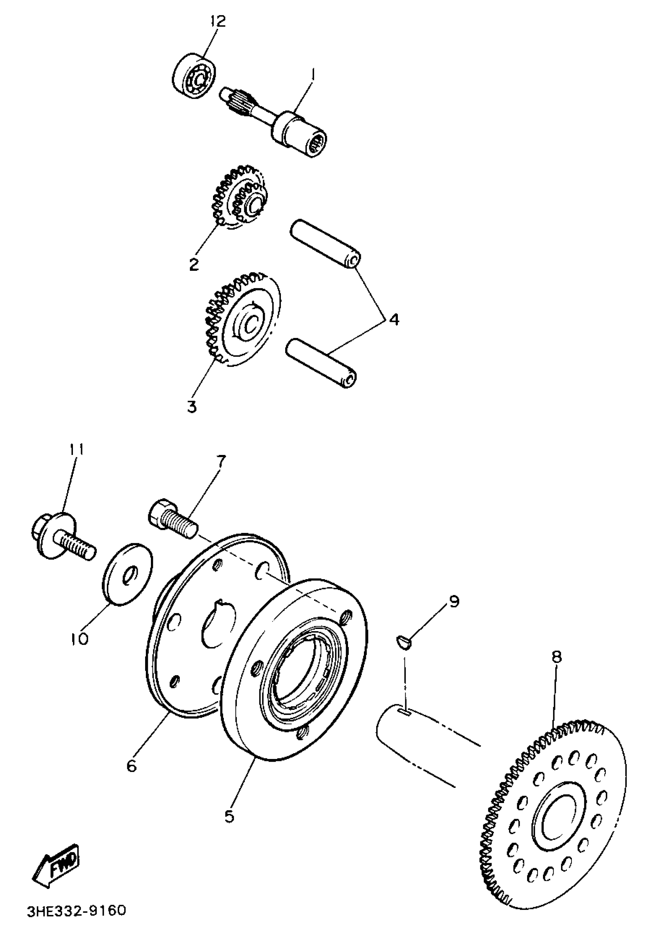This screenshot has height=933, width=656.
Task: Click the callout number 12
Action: pos(218,21)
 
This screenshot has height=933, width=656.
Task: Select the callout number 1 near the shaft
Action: pos(313,74)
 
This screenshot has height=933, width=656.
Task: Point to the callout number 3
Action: pos(192,406)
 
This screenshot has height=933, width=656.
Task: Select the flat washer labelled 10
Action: pos(127,574)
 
